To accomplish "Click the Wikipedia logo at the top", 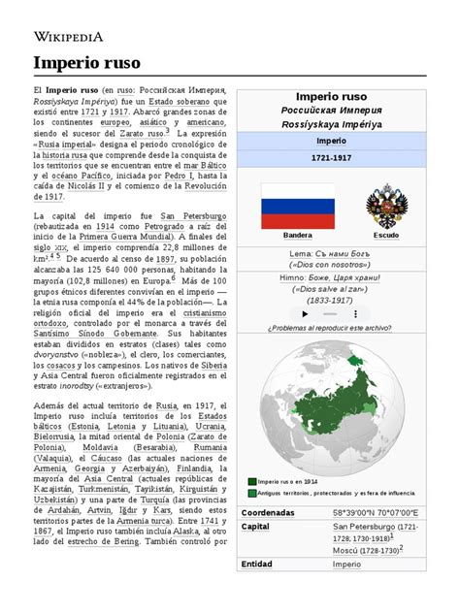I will click(69, 37).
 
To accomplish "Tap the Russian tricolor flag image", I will click(297, 207).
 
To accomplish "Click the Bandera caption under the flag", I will click(297, 236).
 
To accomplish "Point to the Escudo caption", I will click(387, 236).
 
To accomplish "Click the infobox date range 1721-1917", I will click(332, 157).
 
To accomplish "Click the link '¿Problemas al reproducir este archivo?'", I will click(332, 301).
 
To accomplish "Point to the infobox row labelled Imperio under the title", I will click(332, 141).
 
